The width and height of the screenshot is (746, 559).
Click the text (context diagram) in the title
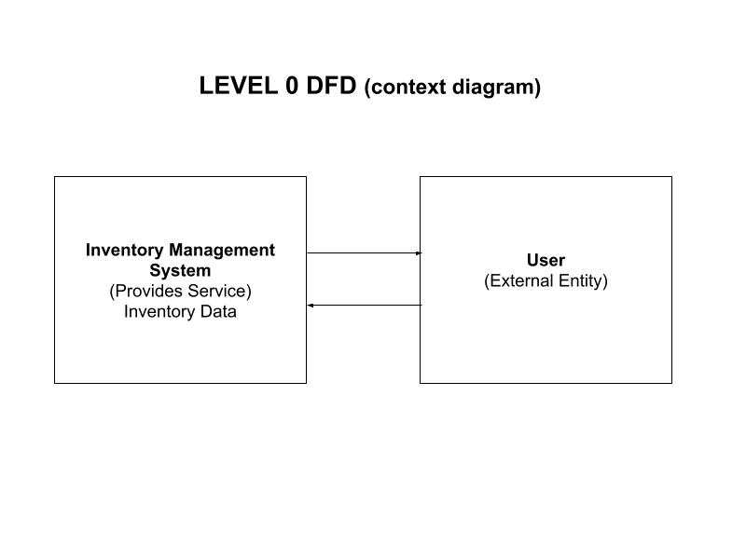coord(452,88)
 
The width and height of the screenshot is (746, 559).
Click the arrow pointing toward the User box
coord(364,252)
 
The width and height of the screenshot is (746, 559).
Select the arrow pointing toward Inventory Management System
coord(364,305)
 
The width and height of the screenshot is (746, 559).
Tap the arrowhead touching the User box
coord(419,252)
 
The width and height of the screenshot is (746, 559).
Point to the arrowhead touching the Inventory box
coord(311,305)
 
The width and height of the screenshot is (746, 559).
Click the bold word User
coord(546,261)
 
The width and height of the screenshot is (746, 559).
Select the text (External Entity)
coord(546,280)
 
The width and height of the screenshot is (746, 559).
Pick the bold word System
coord(180,271)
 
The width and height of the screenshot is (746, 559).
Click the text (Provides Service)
coord(180,292)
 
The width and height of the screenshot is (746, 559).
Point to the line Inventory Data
coord(180,312)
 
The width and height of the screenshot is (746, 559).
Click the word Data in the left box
coord(217,312)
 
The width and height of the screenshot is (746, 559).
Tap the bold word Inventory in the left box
coord(124,251)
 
